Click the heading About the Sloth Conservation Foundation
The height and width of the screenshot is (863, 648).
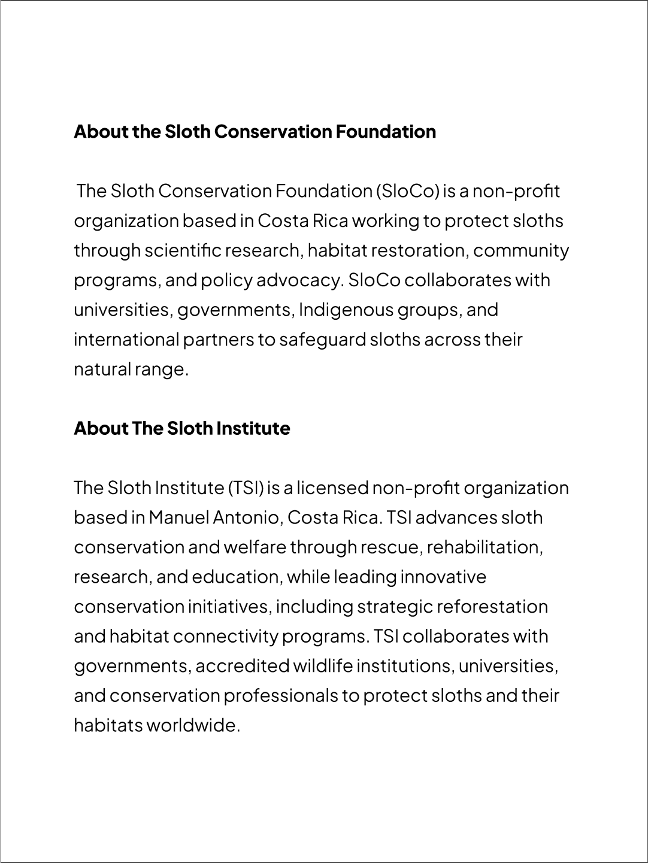coord(255,131)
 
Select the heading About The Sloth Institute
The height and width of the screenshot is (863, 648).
coord(181,428)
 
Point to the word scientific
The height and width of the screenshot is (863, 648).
coord(183,250)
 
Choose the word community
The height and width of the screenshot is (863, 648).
coord(521,250)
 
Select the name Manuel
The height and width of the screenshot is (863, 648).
coord(178,517)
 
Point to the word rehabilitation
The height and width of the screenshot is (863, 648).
coord(485,547)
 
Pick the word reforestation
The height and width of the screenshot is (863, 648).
coord(492,607)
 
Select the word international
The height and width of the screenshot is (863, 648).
coord(126,340)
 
